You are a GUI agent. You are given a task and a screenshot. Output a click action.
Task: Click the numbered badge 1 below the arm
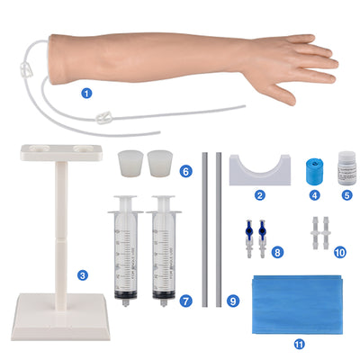[85, 92]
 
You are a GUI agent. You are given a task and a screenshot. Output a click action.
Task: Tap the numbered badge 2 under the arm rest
[259, 194]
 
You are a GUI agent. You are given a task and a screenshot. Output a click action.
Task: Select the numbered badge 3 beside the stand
[82, 274]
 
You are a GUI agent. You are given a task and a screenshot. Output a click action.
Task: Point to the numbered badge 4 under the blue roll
[315, 194]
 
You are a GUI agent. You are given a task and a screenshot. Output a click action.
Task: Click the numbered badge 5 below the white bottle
[346, 194]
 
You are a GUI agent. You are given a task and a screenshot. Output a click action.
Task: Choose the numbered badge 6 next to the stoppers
[184, 170]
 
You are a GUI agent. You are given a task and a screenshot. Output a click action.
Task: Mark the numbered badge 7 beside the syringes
[185, 299]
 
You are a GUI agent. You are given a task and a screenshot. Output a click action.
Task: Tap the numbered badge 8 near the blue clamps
[277, 254]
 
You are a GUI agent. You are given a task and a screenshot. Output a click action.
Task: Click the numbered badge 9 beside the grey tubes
[233, 300]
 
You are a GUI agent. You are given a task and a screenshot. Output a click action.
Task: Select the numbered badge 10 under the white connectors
[338, 254]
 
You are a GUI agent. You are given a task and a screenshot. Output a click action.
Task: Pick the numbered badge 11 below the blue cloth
[300, 343]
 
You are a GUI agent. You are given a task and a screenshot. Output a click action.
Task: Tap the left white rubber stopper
[132, 165]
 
